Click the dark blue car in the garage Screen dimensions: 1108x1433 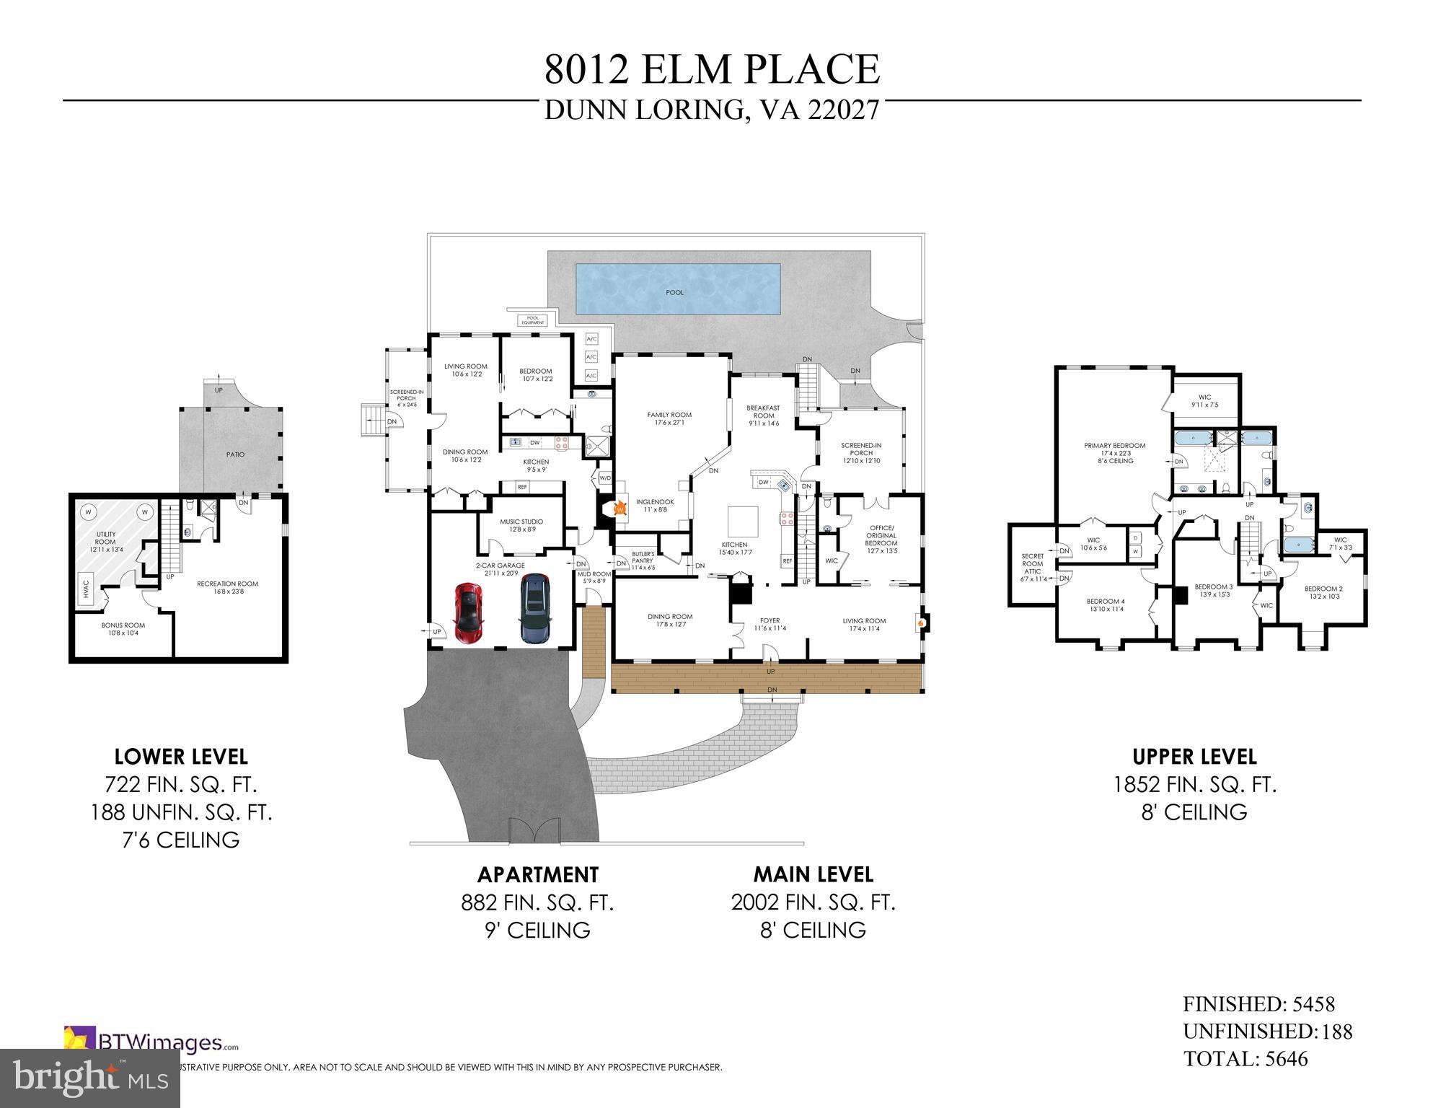click(x=534, y=607)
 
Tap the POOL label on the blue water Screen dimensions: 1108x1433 click(x=674, y=293)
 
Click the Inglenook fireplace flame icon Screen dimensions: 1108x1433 click(x=619, y=509)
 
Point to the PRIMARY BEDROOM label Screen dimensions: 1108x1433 click(x=1114, y=446)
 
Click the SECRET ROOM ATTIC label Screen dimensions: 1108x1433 click(x=1032, y=567)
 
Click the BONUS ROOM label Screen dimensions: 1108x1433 click(x=123, y=629)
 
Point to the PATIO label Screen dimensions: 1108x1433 click(x=235, y=454)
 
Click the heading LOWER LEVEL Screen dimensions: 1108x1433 click(x=181, y=757)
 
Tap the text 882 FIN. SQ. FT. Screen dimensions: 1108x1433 click(x=537, y=902)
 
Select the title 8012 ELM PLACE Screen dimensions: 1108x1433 click(x=712, y=70)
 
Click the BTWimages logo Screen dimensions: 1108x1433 click(x=151, y=1042)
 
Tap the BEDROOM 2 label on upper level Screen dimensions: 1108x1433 click(x=1323, y=592)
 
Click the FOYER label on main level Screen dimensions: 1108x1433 click(x=770, y=624)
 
